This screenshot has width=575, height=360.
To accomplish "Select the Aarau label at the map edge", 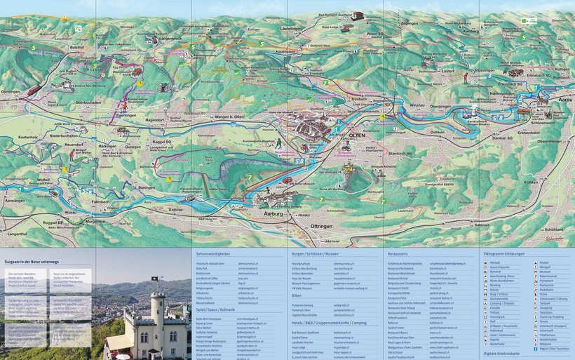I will coord(564,101).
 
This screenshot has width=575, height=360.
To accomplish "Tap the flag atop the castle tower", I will coord(154,279).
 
